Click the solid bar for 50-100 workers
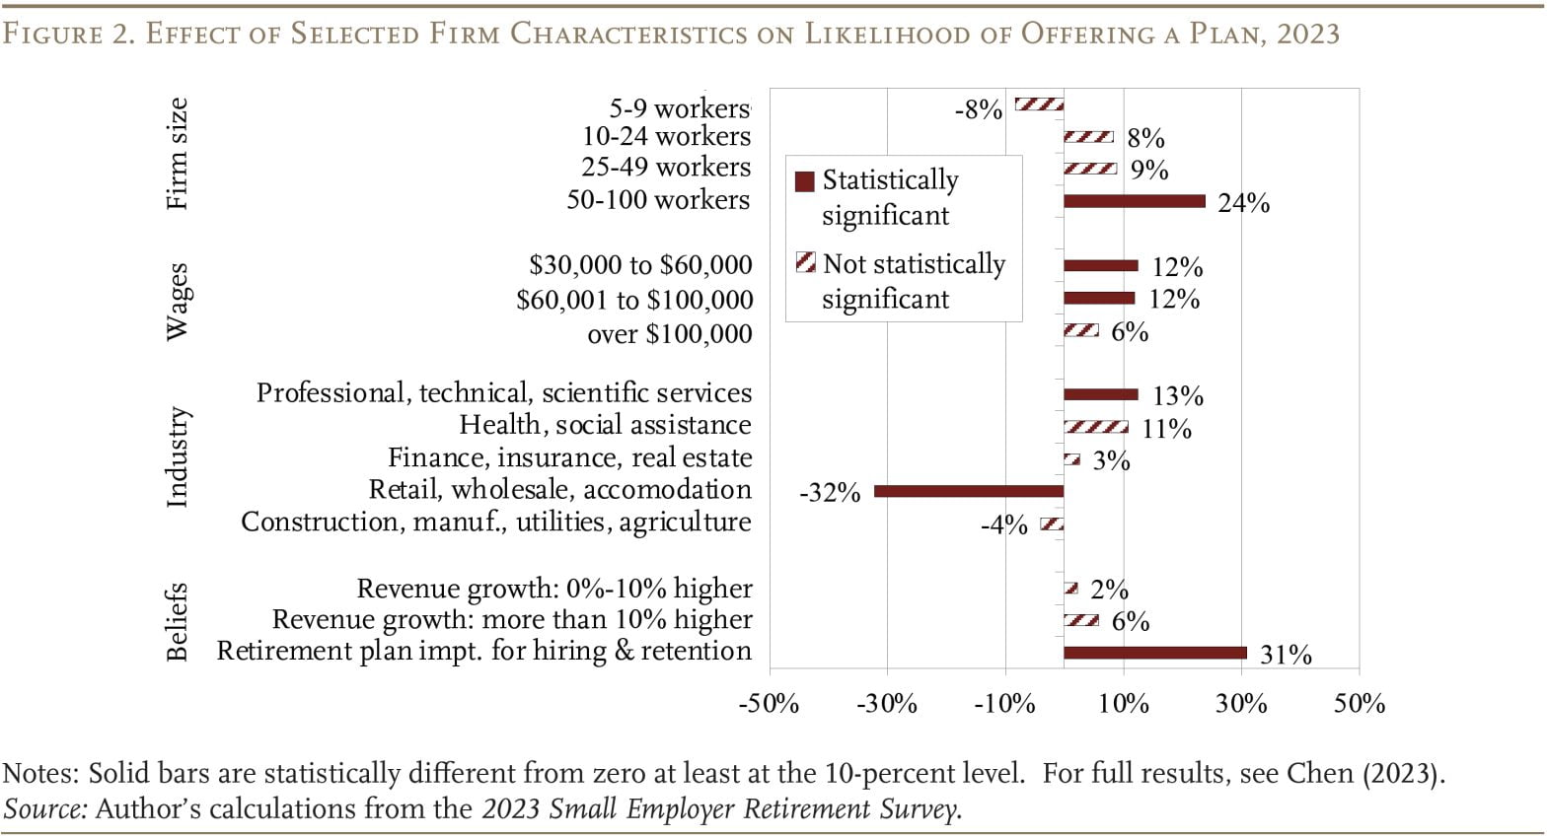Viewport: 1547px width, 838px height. point(1134,201)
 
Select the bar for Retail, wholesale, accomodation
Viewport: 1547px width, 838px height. point(969,491)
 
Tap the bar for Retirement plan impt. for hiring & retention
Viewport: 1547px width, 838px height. point(1154,653)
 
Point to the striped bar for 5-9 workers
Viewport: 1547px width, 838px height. point(1040,105)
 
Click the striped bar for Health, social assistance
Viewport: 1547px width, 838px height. point(1095,427)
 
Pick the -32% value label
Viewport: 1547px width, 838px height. point(830,493)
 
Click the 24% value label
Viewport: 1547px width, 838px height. point(1243,203)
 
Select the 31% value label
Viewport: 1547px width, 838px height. point(1286,655)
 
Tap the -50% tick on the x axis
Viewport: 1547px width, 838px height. point(769,704)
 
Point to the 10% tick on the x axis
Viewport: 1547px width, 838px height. point(1123,704)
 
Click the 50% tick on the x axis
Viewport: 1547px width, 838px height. point(1360,704)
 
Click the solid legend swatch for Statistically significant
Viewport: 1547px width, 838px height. point(805,181)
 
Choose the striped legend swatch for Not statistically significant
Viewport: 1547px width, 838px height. point(805,263)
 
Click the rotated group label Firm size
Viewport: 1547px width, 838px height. point(177,154)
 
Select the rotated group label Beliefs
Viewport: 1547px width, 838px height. point(177,621)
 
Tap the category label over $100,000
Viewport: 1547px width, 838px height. point(669,334)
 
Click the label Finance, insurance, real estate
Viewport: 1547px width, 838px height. point(569,458)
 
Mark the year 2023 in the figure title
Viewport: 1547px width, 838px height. point(1307,34)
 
